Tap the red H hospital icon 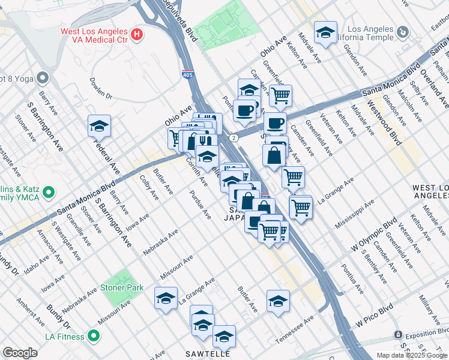click(137, 34)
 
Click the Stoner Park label click(121, 287)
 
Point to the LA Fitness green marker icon click(94, 336)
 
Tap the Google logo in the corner click(20, 353)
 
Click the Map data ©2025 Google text click(411, 355)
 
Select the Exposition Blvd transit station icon click(397, 334)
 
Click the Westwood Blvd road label click(388, 128)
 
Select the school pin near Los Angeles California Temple click(325, 33)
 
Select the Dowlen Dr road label click(101, 87)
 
